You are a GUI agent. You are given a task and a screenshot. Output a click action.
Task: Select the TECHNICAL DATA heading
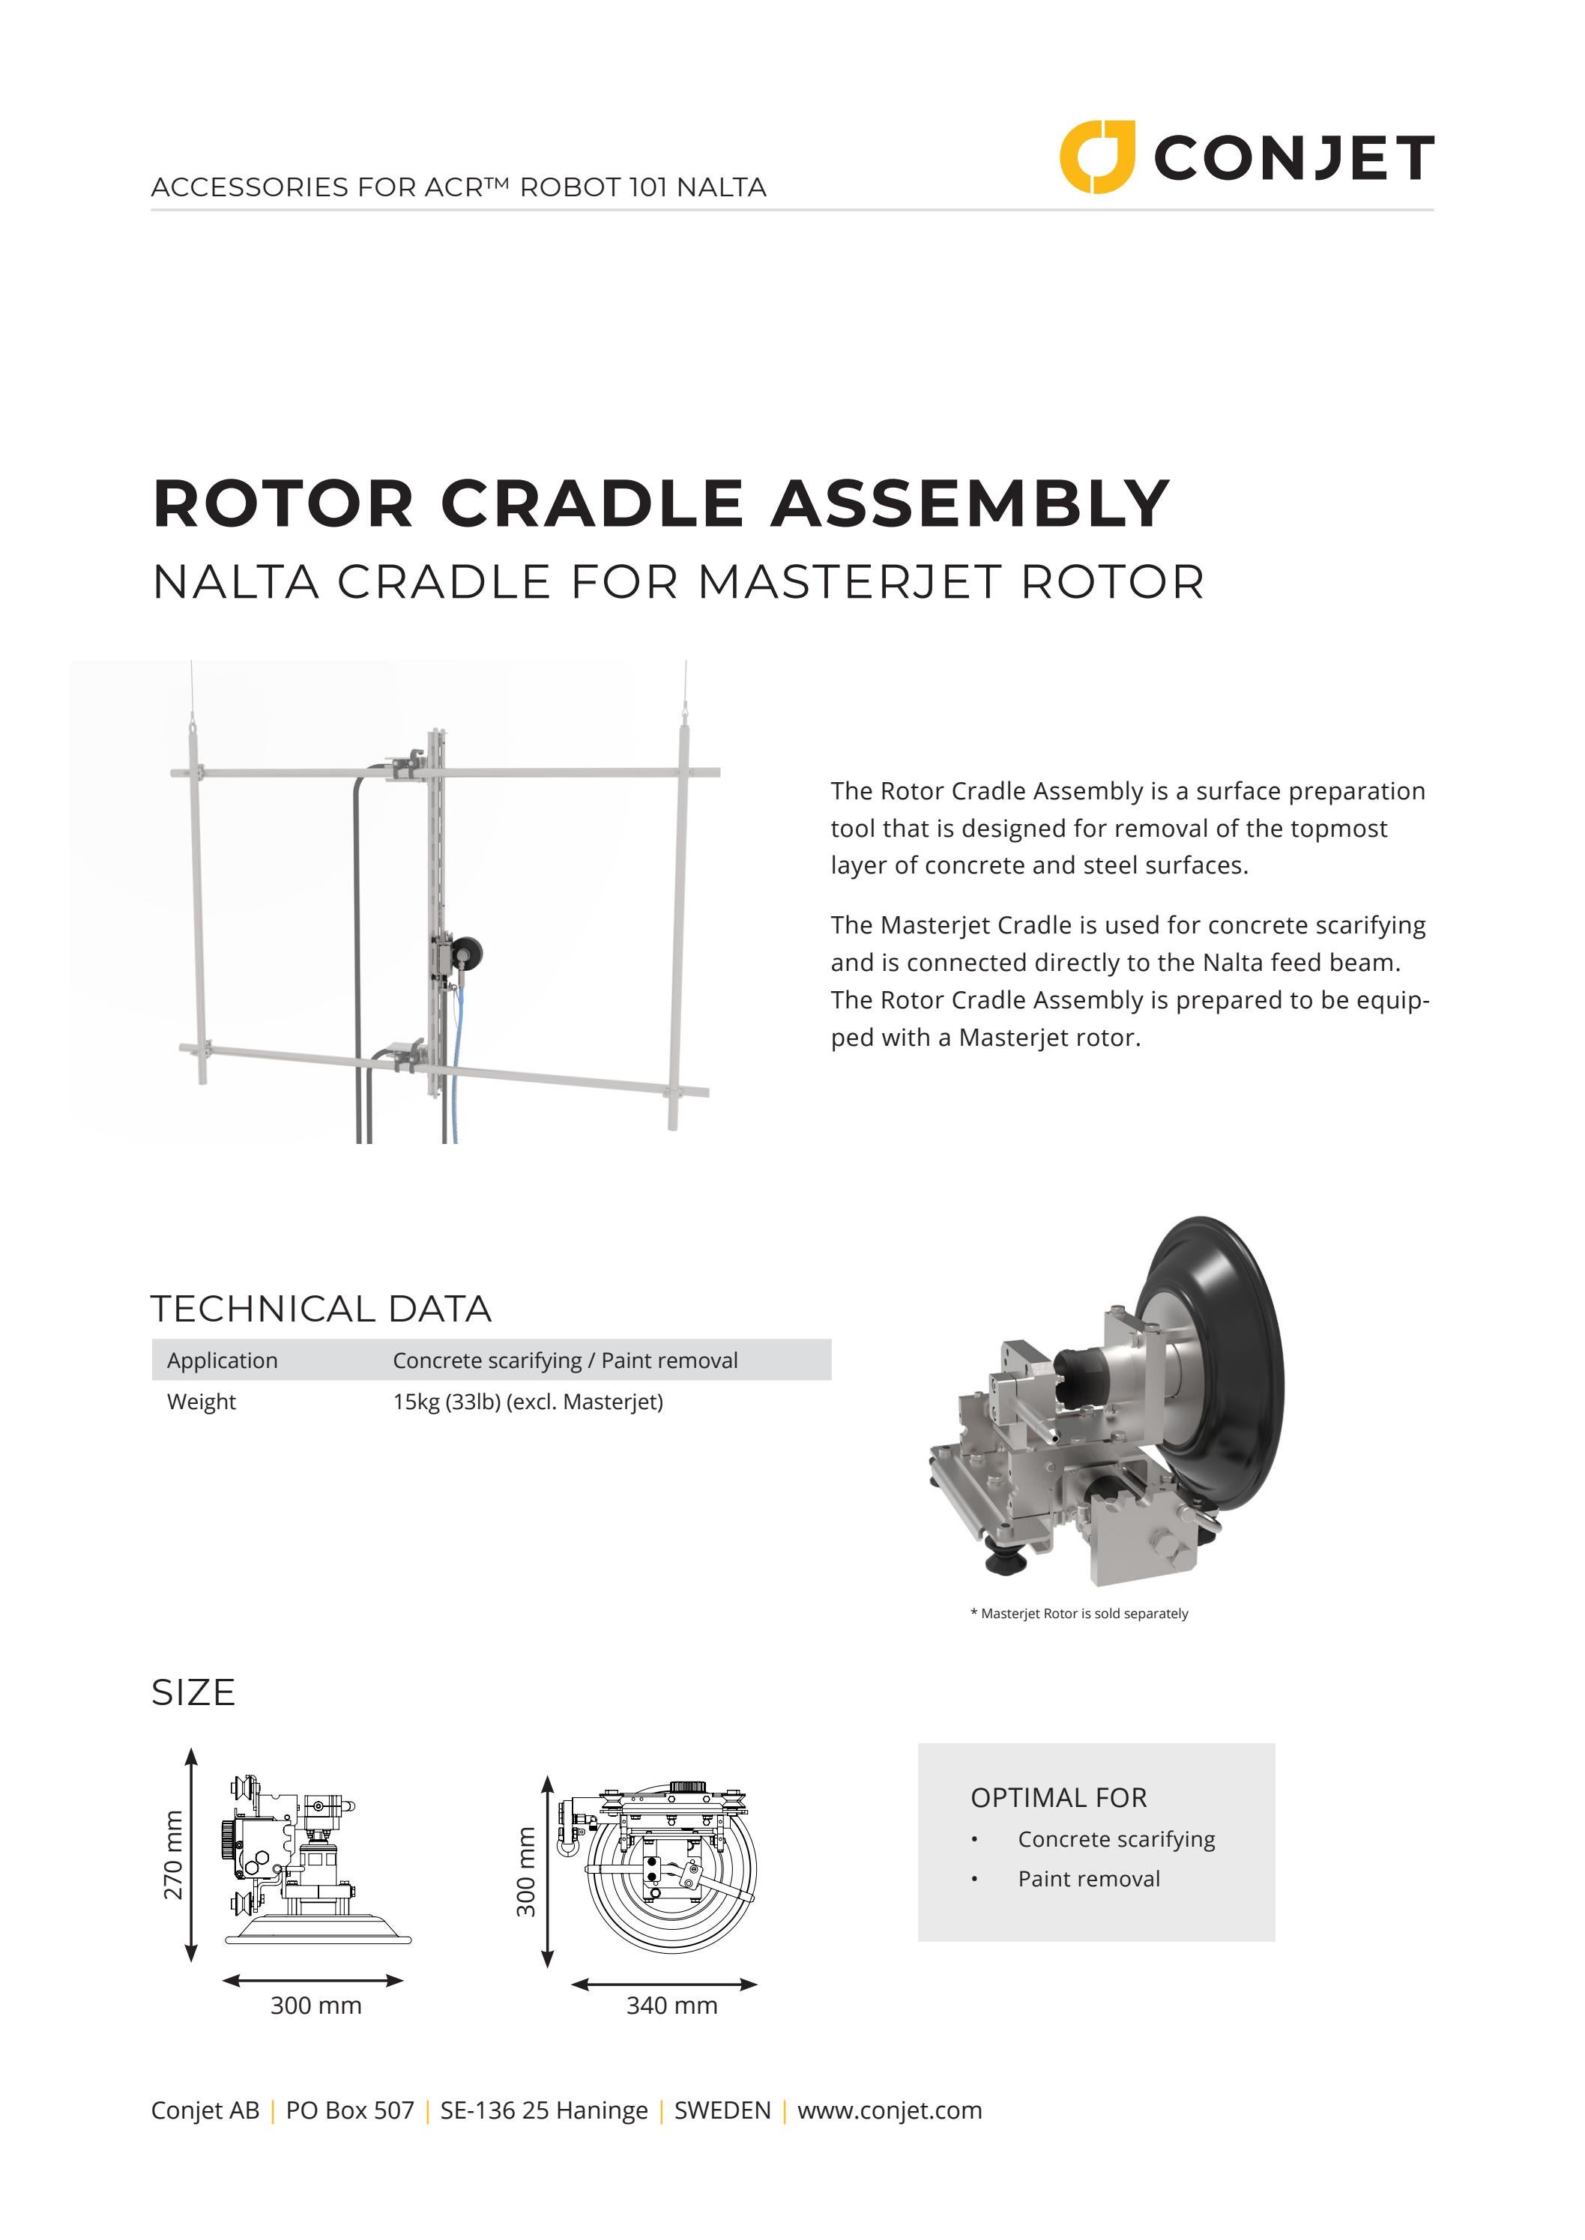[x=320, y=1308]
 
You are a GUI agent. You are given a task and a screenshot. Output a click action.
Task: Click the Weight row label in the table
[x=201, y=1402]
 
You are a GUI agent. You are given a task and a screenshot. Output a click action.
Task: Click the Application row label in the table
[x=222, y=1360]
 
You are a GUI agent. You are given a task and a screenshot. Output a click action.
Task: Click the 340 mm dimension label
[x=671, y=2005]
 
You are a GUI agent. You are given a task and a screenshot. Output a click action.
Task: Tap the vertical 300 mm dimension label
[x=526, y=1871]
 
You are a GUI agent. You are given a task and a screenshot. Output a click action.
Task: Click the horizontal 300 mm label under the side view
[x=316, y=2005]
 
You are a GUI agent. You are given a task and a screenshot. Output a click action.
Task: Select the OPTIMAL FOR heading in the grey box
[x=1058, y=1797]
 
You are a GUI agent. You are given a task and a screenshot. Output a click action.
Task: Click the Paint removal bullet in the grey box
[x=1088, y=1879]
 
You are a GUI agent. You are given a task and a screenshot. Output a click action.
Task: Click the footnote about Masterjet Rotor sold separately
[x=1078, y=1614]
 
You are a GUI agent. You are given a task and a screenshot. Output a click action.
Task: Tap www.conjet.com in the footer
[x=889, y=2110]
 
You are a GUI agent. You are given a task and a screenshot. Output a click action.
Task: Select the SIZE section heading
[x=193, y=1692]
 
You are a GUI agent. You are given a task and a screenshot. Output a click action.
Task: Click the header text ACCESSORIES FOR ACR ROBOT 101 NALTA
[x=459, y=187]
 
